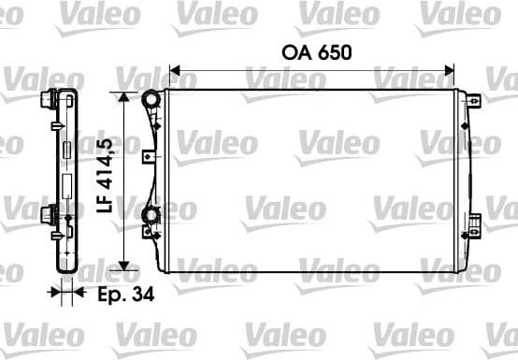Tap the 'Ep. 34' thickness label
[126, 293]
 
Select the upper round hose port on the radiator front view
[150, 98]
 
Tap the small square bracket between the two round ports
[149, 157]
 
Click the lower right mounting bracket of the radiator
[474, 223]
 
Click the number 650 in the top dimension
[334, 51]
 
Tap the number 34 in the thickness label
[143, 293]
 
